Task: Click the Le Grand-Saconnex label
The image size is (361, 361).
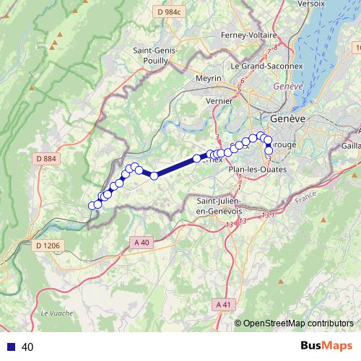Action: [x=261, y=65]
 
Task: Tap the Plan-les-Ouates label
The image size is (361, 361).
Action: [x=257, y=169]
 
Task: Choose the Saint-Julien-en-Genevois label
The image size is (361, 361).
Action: [x=224, y=205]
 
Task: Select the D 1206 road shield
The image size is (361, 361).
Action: [x=48, y=245]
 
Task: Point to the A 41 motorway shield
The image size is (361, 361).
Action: [x=225, y=305]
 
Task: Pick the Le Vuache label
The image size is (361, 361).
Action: [x=54, y=313]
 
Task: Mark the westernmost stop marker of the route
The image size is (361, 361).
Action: [x=92, y=206]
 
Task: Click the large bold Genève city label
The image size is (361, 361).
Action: [x=287, y=118]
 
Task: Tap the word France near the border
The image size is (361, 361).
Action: [x=306, y=196]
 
